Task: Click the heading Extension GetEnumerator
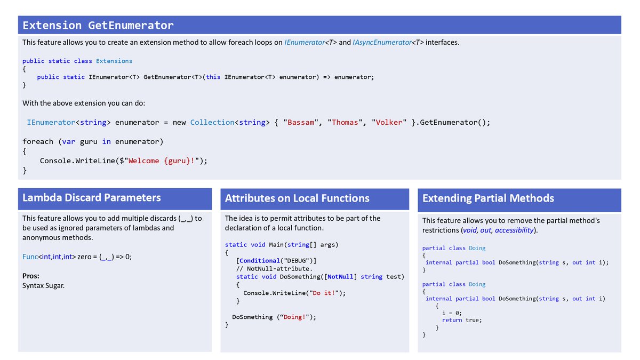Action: tap(98, 26)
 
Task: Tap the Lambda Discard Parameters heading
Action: tap(91, 198)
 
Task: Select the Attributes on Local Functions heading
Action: tap(297, 198)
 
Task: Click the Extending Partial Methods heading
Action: tap(488, 198)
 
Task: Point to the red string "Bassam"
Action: tap(301, 123)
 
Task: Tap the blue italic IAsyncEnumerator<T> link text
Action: tap(388, 42)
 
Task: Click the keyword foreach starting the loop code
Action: tap(38, 141)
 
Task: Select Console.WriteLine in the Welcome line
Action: tap(77, 161)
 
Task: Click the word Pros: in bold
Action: tap(31, 276)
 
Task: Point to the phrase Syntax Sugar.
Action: tap(44, 285)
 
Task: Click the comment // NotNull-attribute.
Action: tap(274, 269)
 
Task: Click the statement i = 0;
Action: tap(452, 313)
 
